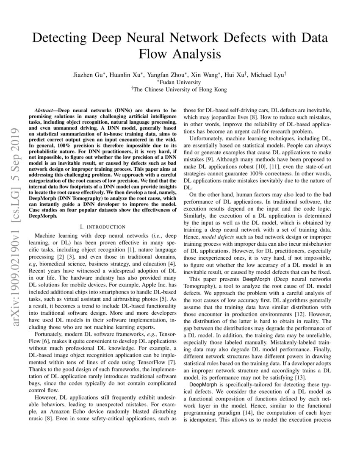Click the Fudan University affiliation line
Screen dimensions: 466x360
tap(180, 82)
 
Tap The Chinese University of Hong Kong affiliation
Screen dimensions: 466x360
tap(180, 89)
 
